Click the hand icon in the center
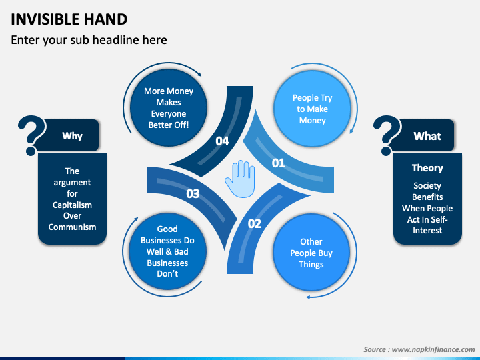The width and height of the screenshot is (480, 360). coord(240,179)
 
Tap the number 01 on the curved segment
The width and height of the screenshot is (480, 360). coord(278,163)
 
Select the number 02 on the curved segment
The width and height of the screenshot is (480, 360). coord(255,224)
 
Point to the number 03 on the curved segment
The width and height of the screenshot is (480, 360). coord(193,193)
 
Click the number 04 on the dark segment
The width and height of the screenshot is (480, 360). coord(222,141)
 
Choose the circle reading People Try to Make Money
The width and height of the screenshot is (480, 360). coord(312,109)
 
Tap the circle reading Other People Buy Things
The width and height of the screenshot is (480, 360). coord(311,253)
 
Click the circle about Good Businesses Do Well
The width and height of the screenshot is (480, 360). coord(167,251)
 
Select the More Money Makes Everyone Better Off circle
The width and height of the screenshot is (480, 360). coord(169,107)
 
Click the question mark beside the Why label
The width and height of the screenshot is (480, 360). coord(31,135)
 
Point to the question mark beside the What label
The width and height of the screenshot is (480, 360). coord(387,135)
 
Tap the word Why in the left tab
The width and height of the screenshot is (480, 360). coord(72,135)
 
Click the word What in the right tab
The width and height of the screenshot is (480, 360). coord(427,136)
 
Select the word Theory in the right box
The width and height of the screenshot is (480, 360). coord(427,168)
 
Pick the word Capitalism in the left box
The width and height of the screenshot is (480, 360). coord(72,205)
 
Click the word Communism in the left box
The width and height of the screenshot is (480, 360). coord(72,227)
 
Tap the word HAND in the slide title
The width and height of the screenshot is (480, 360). coord(105,19)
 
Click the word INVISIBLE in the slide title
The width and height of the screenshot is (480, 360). coord(45,19)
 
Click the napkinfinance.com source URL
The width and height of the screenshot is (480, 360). coord(433,349)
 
